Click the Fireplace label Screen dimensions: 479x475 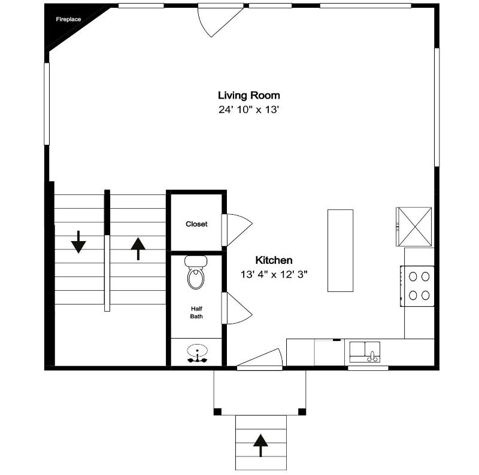point(68,19)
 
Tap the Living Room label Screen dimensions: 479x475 point(249,96)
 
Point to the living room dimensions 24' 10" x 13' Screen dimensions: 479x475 point(249,109)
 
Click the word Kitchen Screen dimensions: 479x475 point(274,260)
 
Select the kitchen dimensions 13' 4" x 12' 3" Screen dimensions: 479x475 point(274,275)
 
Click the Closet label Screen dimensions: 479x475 point(196,224)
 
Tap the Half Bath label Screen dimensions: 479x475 point(196,313)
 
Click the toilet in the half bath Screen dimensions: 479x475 point(196,272)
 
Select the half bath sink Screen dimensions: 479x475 point(198,353)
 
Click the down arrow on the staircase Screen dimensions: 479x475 point(78,242)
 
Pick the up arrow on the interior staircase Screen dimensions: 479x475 point(138,249)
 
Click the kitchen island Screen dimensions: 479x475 point(340,251)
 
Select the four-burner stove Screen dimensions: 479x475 point(417,286)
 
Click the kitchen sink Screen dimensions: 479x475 point(365,352)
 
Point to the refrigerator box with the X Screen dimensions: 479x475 point(414,227)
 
